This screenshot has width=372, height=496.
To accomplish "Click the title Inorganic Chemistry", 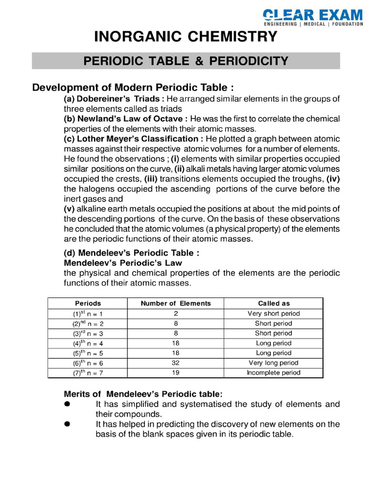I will tap(186, 37).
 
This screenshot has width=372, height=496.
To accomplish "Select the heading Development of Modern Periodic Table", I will tap(133, 88).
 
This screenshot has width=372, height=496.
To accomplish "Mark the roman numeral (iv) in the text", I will tap(333, 179).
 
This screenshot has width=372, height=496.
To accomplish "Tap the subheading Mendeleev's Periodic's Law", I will tap(123, 263).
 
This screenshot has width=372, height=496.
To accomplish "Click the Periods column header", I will tap(88, 303).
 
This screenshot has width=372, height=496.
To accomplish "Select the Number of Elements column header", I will tap(176, 303).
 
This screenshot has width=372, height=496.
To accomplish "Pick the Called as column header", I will tap(274, 303).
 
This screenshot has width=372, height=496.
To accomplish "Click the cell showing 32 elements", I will tap(176, 363).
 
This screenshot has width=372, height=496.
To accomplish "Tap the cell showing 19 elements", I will tap(176, 372).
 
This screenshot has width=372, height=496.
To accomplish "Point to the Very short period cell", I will tap(274, 313).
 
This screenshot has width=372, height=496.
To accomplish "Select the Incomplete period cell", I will tap(274, 372).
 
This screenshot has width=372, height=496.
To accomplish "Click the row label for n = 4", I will tap(88, 343).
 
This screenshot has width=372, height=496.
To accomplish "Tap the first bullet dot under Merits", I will tap(68, 404).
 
